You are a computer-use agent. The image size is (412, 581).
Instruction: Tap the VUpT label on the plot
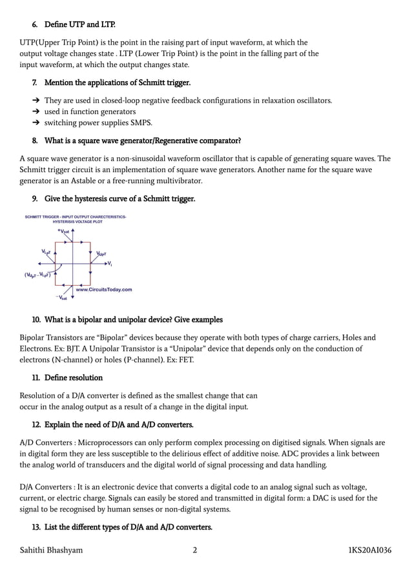click(101, 255)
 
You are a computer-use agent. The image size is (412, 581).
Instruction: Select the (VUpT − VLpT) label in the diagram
click(37, 275)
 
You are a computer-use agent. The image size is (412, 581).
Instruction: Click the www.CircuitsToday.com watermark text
click(104, 290)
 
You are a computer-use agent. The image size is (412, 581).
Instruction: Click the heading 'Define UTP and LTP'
click(79, 25)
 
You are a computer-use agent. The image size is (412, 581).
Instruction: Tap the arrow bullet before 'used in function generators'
click(36, 112)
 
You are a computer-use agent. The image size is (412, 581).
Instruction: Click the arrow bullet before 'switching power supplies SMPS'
click(36, 123)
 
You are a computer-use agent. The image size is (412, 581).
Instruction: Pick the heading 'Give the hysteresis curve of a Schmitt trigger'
click(119, 199)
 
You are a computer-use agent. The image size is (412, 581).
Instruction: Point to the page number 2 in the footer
click(194, 550)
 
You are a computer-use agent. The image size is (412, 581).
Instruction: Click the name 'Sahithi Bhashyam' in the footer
click(51, 550)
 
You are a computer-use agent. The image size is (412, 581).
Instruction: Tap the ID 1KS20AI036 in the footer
click(369, 550)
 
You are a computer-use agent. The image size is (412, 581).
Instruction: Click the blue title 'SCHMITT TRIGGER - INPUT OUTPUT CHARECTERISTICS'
click(76, 217)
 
